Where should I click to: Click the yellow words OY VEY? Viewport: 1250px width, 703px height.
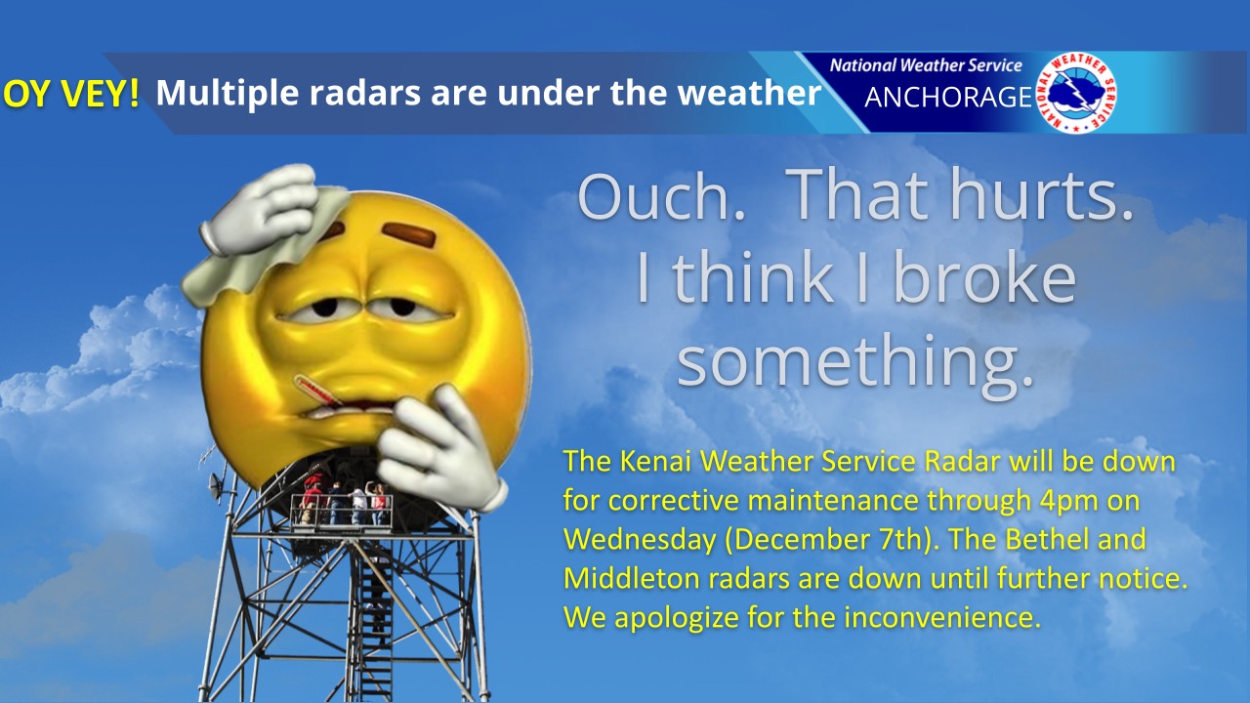pos(71,93)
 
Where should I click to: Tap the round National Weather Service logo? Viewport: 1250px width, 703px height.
pos(1076,93)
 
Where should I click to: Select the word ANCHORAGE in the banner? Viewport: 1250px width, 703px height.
pos(948,97)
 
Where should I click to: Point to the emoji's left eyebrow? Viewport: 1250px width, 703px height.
pos(409,234)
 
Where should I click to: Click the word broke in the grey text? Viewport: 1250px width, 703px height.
pos(984,277)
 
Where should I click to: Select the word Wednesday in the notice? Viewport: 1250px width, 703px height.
pos(640,540)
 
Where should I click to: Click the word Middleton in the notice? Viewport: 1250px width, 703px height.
pos(632,578)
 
